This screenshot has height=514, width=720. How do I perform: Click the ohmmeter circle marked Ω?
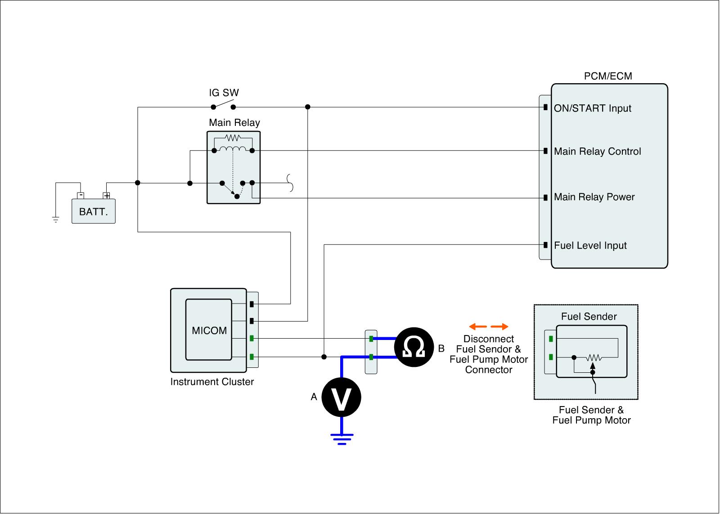click(414, 347)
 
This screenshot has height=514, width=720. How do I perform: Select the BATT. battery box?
click(94, 211)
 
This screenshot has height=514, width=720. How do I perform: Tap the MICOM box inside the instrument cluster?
click(209, 330)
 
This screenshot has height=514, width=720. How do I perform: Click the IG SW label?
click(224, 93)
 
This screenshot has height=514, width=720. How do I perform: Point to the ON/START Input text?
click(592, 108)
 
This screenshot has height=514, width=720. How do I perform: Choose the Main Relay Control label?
click(597, 152)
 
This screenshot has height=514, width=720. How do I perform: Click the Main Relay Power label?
click(594, 197)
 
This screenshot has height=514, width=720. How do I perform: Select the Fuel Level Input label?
click(590, 246)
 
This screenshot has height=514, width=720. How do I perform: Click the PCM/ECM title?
click(607, 76)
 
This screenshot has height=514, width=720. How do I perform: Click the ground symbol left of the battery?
click(56, 219)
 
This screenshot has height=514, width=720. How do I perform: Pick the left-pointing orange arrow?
click(477, 326)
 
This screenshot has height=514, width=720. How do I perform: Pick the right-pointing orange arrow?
click(499, 326)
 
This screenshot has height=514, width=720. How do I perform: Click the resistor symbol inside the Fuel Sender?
click(594, 358)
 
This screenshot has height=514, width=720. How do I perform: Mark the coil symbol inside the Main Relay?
click(233, 149)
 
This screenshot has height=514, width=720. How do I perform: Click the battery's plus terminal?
click(107, 196)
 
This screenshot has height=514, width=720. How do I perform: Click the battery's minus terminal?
click(80, 196)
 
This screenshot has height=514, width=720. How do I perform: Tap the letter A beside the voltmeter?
click(314, 397)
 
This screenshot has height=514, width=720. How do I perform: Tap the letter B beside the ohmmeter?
click(441, 349)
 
